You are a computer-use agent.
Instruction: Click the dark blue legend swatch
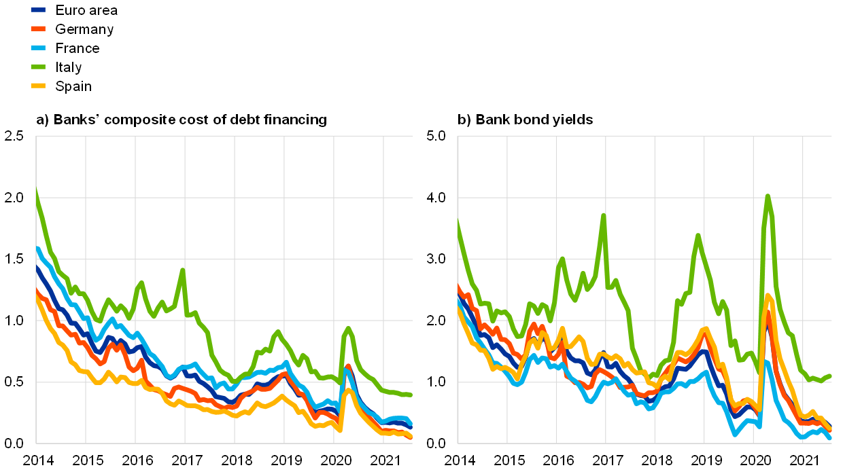38,10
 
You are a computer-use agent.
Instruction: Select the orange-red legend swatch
38,29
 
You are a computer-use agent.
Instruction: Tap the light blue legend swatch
38,48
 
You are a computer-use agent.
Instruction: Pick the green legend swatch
38,67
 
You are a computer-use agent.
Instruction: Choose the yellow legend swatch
38,86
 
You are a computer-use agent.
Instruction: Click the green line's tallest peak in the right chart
768,196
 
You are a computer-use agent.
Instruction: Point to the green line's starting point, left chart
36,191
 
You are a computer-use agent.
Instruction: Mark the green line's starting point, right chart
458,221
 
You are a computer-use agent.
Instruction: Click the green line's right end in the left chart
411,395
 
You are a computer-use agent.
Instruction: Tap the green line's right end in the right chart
829,376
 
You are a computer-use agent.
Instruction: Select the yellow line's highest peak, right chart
768,295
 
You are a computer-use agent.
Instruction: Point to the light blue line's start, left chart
37,248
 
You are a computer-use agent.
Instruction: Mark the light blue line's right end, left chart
411,424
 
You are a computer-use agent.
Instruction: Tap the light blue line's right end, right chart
829,438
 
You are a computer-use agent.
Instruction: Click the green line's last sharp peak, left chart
349,329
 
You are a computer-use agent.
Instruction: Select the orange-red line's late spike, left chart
348,367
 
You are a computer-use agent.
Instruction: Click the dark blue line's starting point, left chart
37,267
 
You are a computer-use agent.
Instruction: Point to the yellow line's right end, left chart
411,437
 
